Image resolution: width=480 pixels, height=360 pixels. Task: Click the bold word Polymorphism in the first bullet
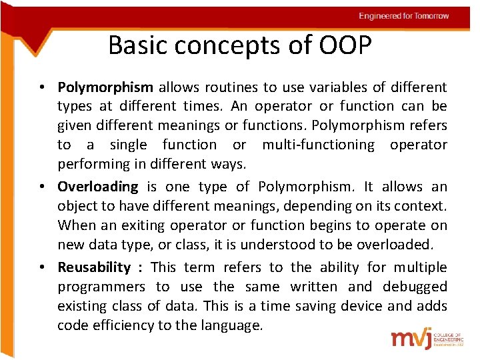click(x=105, y=87)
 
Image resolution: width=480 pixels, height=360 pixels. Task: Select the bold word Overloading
click(x=97, y=187)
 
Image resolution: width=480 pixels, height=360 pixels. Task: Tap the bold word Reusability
click(x=94, y=267)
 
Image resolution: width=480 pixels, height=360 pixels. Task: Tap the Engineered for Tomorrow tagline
click(x=403, y=16)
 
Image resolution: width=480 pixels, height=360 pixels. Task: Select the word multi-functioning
click(x=319, y=145)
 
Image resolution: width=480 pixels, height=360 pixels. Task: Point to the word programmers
click(x=101, y=287)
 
